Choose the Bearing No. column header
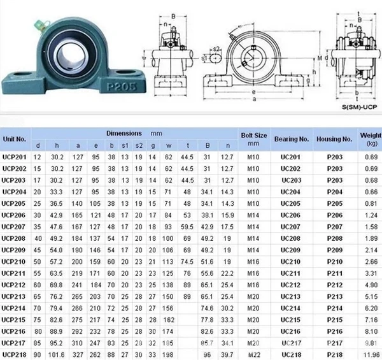pos(291,138)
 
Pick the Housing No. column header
pos(334,138)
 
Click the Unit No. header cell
pos(14,138)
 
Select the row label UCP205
pos(14,203)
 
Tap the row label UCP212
pos(14,284)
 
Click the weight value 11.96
pos(371,354)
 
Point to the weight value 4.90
pos(371,284)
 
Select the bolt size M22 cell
pos(253,354)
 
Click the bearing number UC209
pos(291,250)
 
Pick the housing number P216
pos(334,331)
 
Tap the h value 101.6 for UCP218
pos(57,354)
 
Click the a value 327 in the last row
pos(78,354)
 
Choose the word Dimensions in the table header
pos(124,133)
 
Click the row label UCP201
pos(14,157)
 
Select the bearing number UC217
pos(291,342)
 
